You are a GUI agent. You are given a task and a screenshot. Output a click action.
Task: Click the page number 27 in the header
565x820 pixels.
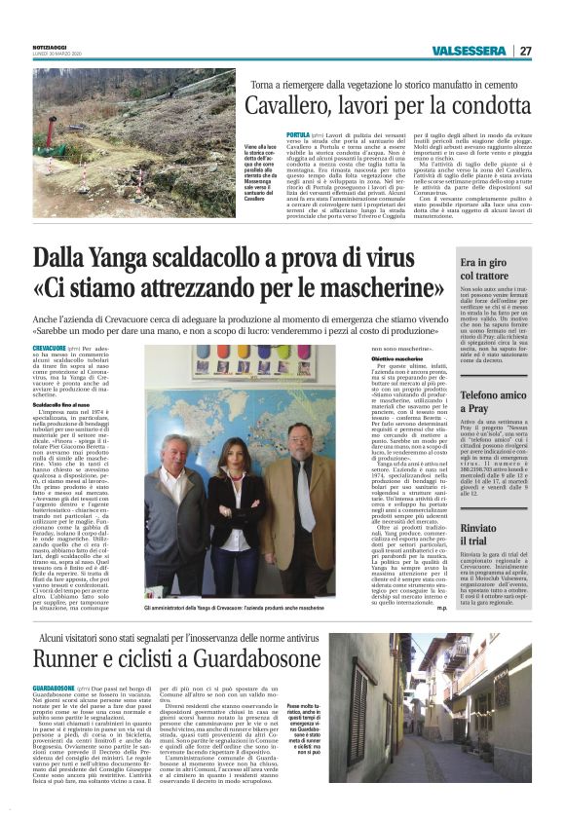(x=526, y=52)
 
